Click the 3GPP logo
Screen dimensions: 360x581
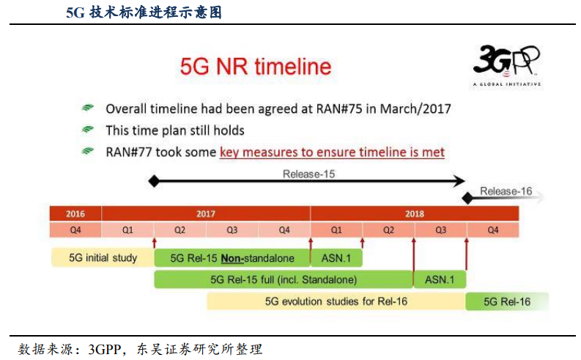click(x=506, y=64)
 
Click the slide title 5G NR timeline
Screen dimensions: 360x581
click(x=256, y=67)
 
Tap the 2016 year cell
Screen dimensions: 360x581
click(x=75, y=214)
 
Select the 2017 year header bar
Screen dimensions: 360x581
click(x=206, y=214)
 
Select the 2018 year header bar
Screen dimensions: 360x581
click(x=415, y=214)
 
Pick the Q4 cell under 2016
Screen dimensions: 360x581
click(x=75, y=229)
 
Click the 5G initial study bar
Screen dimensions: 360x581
click(x=103, y=258)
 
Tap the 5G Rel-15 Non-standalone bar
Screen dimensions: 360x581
click(x=232, y=258)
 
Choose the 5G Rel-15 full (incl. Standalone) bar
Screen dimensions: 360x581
click(x=284, y=279)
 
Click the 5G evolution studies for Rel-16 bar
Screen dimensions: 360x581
click(x=336, y=301)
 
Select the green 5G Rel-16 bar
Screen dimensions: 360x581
click(x=506, y=301)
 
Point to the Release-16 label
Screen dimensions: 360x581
click(x=506, y=191)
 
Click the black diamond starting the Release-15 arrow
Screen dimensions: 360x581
click(x=153, y=180)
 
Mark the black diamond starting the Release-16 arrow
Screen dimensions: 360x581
click(x=467, y=198)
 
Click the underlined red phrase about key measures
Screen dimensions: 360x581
click(x=332, y=153)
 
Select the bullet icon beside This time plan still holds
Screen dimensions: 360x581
click(x=88, y=131)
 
